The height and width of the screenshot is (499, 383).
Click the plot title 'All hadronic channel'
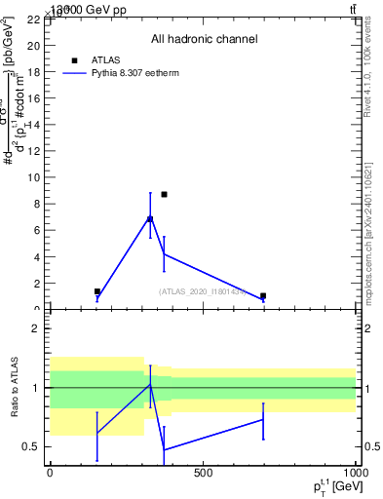pos(204,40)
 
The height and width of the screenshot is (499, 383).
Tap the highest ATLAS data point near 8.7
pos(164,194)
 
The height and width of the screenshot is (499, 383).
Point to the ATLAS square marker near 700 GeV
pos(263,295)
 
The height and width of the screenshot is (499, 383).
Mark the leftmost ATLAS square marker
pos(97,291)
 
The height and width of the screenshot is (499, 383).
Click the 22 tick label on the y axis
pos(32,19)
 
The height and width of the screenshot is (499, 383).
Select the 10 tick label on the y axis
pos(32,178)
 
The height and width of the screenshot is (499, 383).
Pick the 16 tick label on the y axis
pos(32,98)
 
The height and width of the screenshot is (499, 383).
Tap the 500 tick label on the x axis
pos(203,475)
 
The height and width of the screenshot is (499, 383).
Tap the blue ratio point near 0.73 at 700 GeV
pos(263,419)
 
